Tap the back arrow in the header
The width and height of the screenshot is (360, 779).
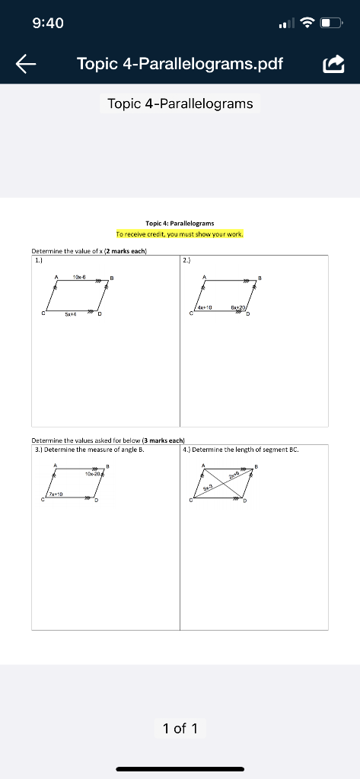(26, 65)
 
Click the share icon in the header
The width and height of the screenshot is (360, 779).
(333, 65)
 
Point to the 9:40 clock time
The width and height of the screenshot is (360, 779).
(48, 24)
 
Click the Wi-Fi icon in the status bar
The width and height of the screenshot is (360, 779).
(307, 24)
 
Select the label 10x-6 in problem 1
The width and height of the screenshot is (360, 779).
(79, 276)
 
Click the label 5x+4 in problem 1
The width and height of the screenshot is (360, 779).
(70, 313)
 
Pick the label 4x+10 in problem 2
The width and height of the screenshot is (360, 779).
(204, 307)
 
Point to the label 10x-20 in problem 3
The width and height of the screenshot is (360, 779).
(93, 473)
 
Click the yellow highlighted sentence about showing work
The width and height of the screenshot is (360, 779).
(180, 234)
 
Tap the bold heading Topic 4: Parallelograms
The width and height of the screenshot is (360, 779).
(180, 223)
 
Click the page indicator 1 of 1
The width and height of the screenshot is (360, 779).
(180, 728)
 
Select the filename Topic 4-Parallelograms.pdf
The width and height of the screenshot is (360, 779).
(180, 64)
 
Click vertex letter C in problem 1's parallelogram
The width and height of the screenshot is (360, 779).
(43, 313)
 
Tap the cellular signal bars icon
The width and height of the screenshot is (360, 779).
(285, 24)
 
